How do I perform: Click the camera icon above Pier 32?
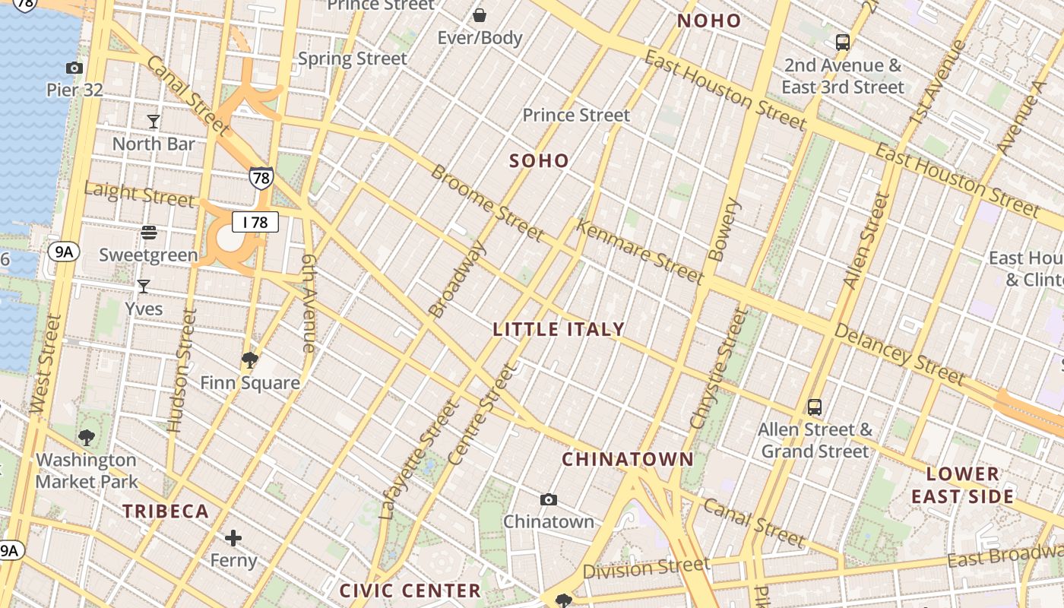point(74,68)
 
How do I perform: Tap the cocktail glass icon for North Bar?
point(154,121)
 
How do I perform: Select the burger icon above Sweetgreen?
point(149,233)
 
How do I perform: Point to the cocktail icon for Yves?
point(143,287)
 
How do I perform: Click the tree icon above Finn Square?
point(249,359)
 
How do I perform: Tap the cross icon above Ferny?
point(233,539)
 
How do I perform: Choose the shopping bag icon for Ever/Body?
point(480,15)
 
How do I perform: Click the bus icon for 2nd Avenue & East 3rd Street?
point(842,43)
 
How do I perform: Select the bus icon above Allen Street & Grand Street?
point(815,407)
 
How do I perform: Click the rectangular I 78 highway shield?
point(255,223)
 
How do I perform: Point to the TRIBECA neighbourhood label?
point(166,511)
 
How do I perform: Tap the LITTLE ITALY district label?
point(559,329)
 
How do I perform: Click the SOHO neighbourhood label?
point(539,160)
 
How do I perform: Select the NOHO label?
point(709,21)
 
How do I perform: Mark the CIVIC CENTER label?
point(410,591)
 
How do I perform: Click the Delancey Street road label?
point(899,353)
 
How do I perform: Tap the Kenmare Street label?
point(640,252)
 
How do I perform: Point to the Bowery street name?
point(724,230)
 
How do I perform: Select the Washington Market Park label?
point(87,470)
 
